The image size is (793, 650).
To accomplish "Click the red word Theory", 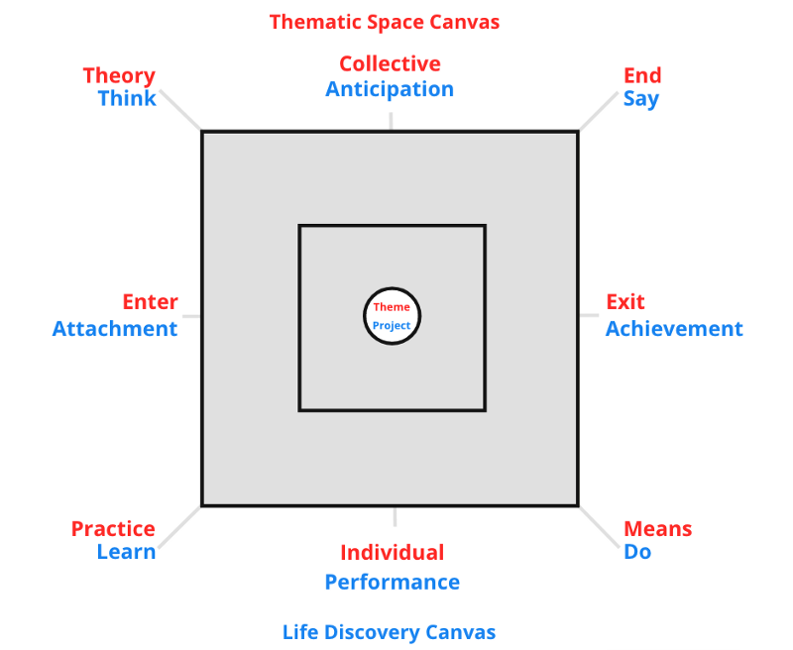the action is [x=119, y=75].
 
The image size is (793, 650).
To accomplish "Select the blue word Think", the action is [x=127, y=98].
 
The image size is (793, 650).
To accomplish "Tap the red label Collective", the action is [x=390, y=64].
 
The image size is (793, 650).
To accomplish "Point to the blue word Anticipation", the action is [x=390, y=89].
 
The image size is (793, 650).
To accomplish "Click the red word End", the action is [x=642, y=75].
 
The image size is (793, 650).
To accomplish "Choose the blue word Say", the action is [x=640, y=99].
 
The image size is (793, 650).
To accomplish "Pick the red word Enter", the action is [x=150, y=302].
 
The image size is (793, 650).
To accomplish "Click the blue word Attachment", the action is [x=115, y=329].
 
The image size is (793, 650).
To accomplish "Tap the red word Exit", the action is [x=625, y=302].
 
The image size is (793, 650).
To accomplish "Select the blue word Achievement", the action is [x=674, y=329].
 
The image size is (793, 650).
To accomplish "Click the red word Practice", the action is [x=113, y=529].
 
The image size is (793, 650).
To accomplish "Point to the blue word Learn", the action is [x=126, y=552].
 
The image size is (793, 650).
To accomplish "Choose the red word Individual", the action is [x=393, y=553].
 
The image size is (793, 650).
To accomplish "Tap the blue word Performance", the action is [x=393, y=582].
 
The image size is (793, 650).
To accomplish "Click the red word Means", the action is [x=658, y=529].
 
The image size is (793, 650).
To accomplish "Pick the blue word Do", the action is [x=637, y=552].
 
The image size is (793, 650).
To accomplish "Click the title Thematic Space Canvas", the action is [x=385, y=21].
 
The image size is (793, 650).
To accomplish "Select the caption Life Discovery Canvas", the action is [x=389, y=632].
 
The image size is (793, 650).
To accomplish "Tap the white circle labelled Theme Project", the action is [x=393, y=316].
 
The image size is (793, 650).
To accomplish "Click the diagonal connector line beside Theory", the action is [x=180, y=110].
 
